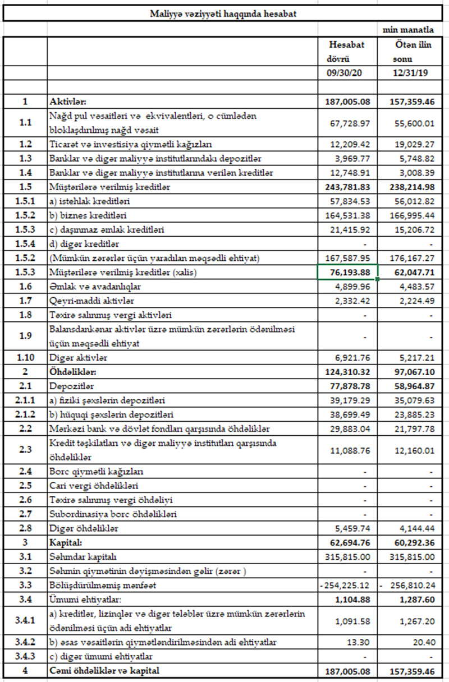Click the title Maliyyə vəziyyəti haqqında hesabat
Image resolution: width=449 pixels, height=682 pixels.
(224, 13)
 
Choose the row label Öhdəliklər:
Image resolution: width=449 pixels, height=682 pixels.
(72, 372)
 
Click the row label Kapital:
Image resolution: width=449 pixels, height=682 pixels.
(66, 543)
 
